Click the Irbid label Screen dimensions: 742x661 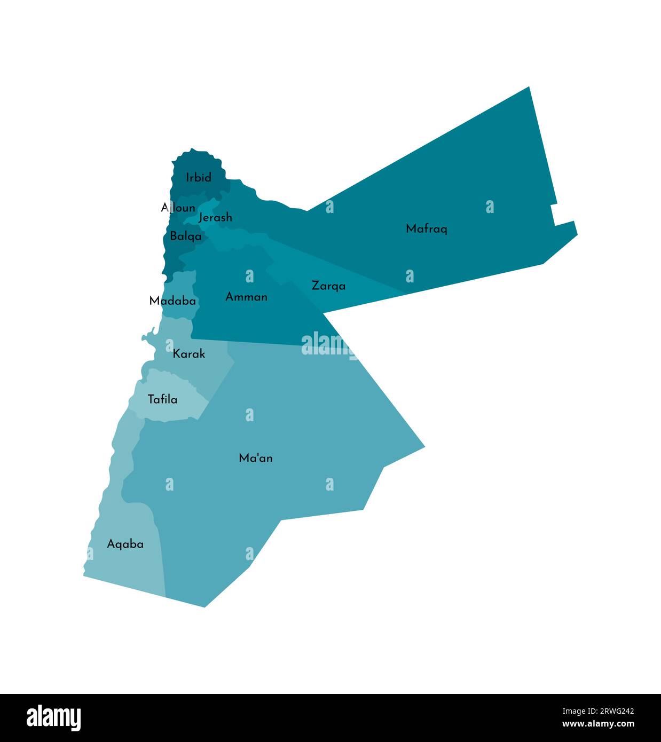(x=199, y=177)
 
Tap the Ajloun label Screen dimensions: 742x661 (x=178, y=207)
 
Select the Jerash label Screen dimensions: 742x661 (x=215, y=217)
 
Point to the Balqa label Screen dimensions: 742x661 (x=186, y=235)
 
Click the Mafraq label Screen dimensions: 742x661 (x=426, y=228)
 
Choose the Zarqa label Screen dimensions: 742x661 (x=328, y=286)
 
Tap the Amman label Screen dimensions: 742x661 (x=246, y=296)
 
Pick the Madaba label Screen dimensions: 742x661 (x=172, y=301)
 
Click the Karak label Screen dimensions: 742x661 (x=188, y=353)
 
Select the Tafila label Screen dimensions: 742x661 (x=162, y=399)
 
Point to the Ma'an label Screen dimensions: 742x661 (x=256, y=457)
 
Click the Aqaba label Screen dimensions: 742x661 (x=125, y=544)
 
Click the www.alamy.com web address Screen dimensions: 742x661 (x=598, y=724)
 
